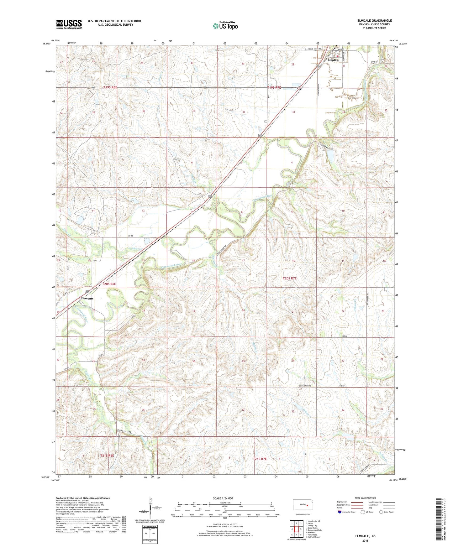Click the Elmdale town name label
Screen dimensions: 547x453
point(333,60)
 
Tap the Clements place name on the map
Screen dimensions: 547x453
point(87,299)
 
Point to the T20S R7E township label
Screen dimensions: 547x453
point(289,278)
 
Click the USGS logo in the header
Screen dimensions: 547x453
point(69,24)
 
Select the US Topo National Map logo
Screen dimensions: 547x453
point(225,26)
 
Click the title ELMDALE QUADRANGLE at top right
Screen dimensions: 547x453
point(374,21)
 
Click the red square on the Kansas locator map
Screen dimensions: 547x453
point(308,505)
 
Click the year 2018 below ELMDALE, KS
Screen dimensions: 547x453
point(365,540)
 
